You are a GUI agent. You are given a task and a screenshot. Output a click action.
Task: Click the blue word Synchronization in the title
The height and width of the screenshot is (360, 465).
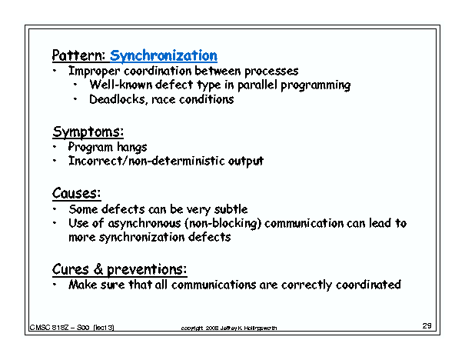164,55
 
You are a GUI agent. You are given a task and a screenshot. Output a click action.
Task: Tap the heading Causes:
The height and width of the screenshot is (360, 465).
77,193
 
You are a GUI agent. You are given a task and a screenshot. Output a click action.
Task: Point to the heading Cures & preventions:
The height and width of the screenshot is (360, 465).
119,269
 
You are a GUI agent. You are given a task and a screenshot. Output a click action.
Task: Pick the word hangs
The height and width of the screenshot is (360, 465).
131,146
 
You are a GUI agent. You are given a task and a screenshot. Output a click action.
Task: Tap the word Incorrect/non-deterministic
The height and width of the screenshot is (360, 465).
142,161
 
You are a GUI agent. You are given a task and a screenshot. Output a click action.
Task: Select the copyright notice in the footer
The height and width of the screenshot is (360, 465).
228,328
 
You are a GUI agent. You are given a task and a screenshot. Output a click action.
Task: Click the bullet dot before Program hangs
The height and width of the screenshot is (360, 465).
55,146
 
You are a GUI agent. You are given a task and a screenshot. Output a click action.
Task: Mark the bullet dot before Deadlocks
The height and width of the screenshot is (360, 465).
76,99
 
